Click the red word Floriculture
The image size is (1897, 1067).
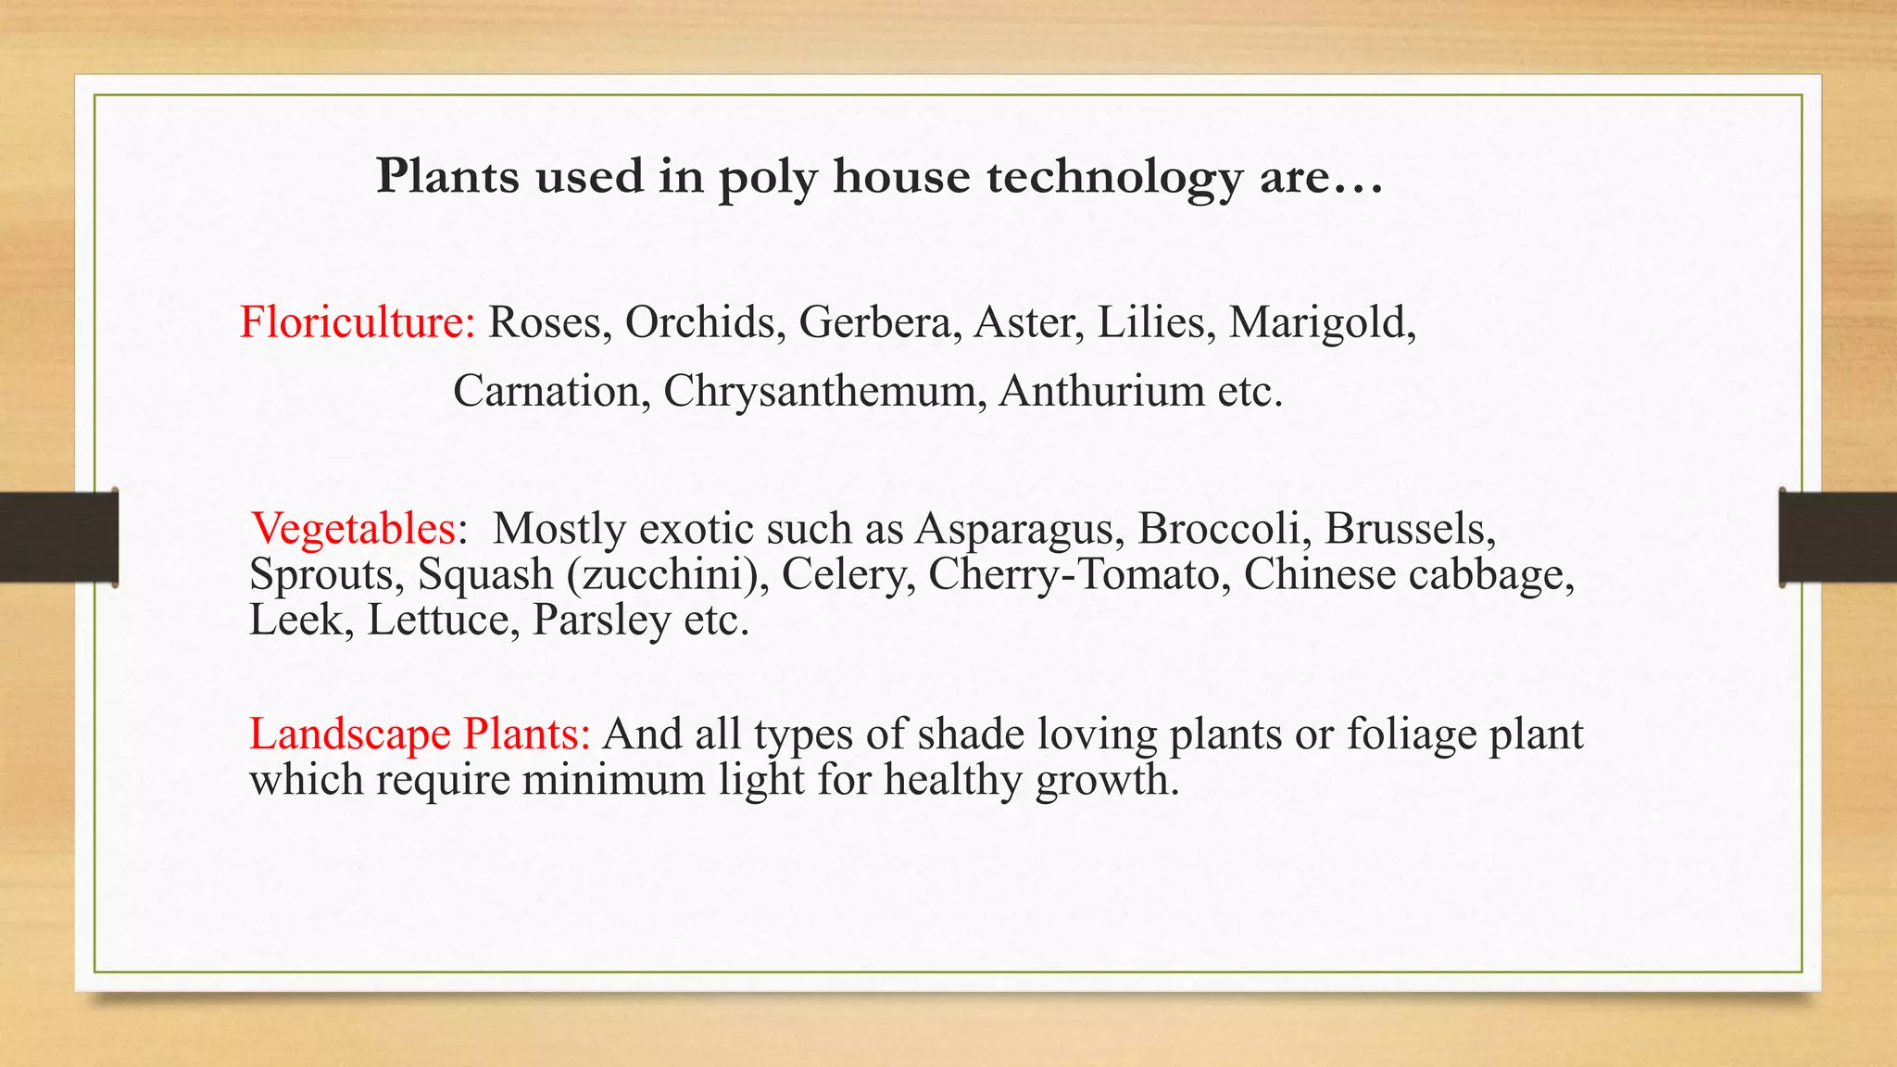pos(357,322)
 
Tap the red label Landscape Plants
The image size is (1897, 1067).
pos(420,734)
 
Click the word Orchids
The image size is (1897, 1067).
pos(699,322)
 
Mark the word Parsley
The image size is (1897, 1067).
pos(601,620)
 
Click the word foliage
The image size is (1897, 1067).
pos(1411,734)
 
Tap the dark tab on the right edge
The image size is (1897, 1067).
pos(1838,537)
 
